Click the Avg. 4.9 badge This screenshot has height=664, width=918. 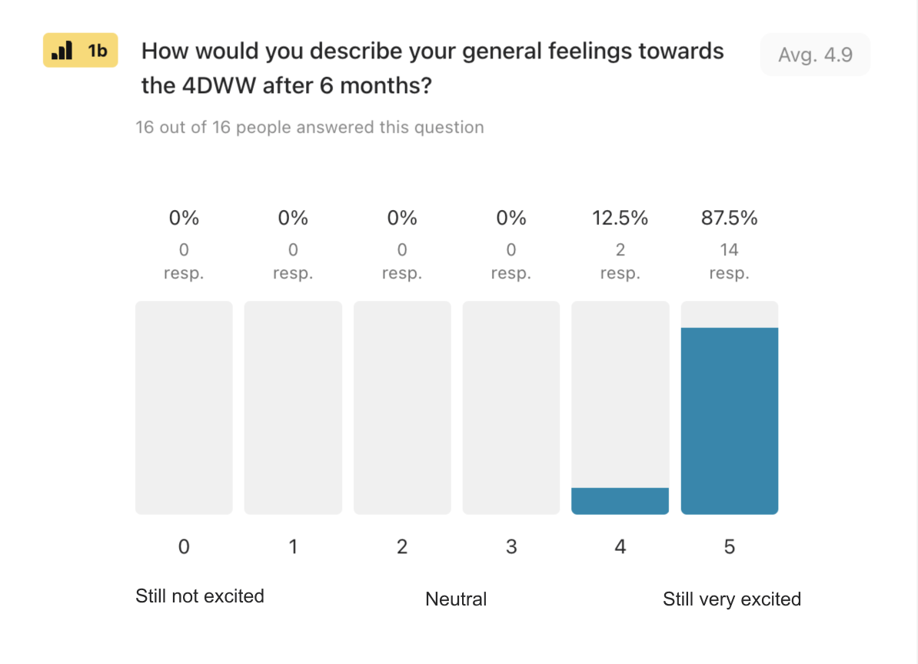click(815, 55)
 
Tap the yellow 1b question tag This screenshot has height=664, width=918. click(80, 51)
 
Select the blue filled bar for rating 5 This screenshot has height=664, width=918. click(729, 420)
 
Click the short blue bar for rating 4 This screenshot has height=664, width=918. click(620, 501)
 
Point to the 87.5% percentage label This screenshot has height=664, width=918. click(729, 219)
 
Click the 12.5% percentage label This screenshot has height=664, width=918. click(620, 219)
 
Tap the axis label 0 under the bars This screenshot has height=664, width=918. click(184, 547)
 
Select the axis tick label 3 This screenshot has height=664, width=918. click(511, 547)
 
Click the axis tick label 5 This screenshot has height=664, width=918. click(729, 547)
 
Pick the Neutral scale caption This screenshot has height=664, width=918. click(456, 599)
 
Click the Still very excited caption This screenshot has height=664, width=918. click(731, 599)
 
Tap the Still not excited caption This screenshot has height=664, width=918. click(200, 596)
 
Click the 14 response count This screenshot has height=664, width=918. click(729, 250)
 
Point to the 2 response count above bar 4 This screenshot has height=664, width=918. click(620, 250)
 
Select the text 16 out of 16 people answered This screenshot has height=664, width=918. click(309, 128)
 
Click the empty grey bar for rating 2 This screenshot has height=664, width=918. click(402, 408)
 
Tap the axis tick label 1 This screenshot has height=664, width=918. click(293, 547)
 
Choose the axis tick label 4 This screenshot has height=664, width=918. click(620, 547)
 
